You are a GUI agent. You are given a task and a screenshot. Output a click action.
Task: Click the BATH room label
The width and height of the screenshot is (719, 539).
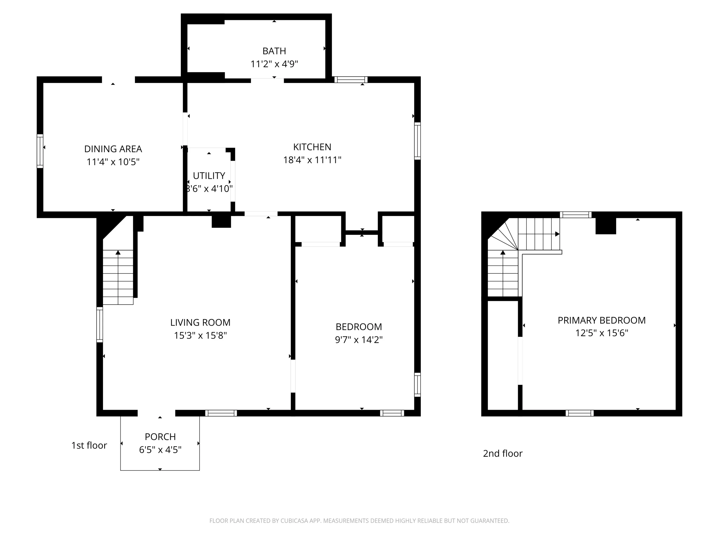[274, 51]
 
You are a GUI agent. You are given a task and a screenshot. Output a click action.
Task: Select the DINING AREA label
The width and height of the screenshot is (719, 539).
[113, 149]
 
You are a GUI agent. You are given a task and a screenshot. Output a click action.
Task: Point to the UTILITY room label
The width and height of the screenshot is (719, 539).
[209, 176]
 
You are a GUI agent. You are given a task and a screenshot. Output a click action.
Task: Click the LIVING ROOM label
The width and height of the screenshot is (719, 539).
[200, 323]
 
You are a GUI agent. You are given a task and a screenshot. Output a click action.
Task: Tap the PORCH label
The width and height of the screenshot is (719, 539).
[160, 437]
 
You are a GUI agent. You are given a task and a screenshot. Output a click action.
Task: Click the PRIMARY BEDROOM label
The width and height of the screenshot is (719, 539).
[602, 320]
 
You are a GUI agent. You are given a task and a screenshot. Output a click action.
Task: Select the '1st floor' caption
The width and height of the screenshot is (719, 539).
[89, 445]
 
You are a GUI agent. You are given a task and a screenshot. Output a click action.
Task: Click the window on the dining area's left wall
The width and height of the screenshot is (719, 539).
[40, 151]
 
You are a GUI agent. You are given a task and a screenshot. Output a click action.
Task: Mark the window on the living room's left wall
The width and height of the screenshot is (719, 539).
[100, 324]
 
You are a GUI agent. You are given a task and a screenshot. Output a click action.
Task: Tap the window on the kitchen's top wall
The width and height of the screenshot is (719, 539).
[351, 80]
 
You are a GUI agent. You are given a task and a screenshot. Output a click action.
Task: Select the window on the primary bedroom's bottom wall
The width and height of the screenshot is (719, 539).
[580, 413]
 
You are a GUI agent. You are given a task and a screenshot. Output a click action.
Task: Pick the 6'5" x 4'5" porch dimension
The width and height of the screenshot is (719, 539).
[160, 450]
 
